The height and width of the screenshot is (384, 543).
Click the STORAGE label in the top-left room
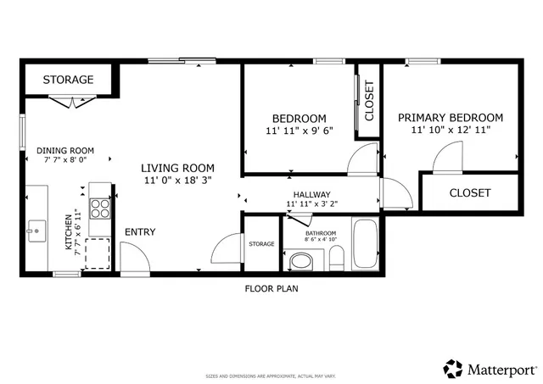tap(68, 80)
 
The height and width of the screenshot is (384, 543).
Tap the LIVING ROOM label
tap(177, 168)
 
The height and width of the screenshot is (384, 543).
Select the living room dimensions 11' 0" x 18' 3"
tap(177, 181)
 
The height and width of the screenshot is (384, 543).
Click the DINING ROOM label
tap(65, 150)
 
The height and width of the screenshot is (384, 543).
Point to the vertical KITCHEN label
tap(70, 231)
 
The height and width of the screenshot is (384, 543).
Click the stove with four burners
tap(100, 209)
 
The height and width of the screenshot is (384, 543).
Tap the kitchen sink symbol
tap(36, 229)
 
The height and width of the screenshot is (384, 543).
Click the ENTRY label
tap(140, 231)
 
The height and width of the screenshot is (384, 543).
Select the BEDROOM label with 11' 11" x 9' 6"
tap(299, 118)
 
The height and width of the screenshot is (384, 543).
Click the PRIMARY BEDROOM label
tap(450, 118)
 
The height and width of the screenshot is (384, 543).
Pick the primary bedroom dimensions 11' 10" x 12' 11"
tap(450, 131)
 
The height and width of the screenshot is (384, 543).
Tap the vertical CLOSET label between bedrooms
tap(369, 100)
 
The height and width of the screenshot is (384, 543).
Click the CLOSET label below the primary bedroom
tap(470, 193)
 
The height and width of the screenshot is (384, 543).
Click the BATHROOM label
tap(321, 233)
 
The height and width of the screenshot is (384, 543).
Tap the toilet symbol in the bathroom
tap(301, 260)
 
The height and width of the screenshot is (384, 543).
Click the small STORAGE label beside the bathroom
tap(261, 244)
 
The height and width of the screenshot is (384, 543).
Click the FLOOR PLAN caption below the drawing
tap(271, 288)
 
